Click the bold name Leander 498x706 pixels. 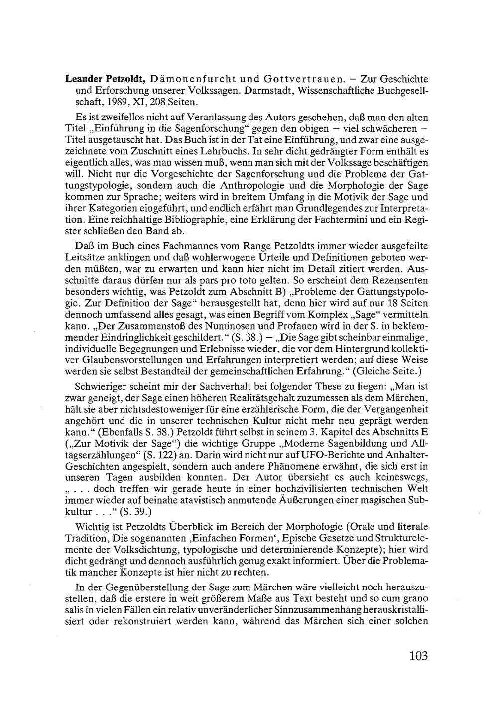[86, 79]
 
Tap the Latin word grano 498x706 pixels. [415, 599]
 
